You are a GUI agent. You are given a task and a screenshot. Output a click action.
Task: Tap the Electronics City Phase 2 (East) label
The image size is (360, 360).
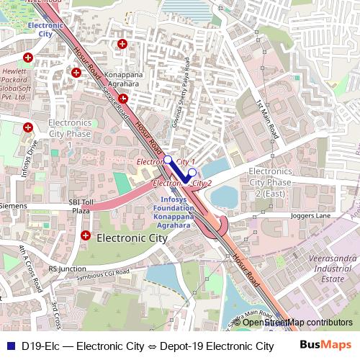[280, 183]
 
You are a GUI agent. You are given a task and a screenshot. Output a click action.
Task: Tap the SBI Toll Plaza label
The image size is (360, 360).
[80, 207]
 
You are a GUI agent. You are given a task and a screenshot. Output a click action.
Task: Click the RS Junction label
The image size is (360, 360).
[68, 269]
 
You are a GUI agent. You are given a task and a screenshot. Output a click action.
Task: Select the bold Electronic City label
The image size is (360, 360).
[132, 236]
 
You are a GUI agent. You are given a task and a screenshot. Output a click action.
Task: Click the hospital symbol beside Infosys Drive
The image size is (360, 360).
[28, 128]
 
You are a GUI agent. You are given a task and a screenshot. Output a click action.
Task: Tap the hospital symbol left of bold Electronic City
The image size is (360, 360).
[86, 235]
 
